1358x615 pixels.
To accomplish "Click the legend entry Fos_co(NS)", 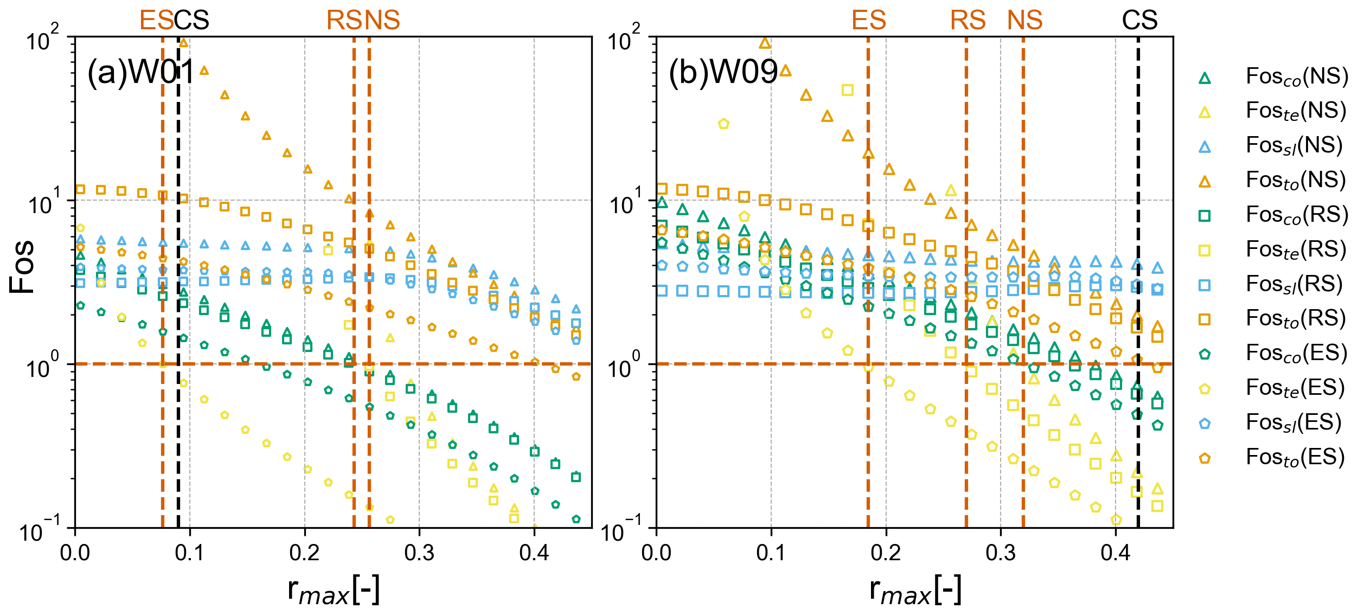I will (x=1296, y=77).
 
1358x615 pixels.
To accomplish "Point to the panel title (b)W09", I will (x=723, y=72).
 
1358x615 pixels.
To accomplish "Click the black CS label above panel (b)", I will (x=1139, y=21).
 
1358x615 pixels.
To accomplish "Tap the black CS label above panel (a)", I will (x=191, y=21).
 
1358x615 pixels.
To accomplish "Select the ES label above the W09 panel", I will (x=869, y=21).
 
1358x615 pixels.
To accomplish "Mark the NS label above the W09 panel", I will (x=1025, y=21).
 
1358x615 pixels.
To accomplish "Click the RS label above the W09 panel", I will (x=968, y=21).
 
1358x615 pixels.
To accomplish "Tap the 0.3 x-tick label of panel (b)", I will (x=1001, y=553).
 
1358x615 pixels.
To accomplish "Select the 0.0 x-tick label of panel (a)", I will (x=75, y=553).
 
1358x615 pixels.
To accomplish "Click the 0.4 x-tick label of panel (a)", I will (x=534, y=553).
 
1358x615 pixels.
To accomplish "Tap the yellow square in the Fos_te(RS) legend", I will (x=1205, y=251).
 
